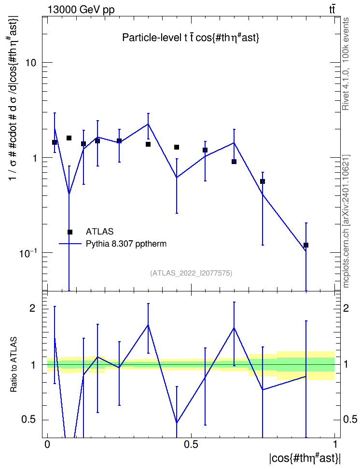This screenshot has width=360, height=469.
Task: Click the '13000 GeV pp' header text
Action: click(81, 10)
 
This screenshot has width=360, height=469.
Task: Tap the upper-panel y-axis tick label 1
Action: click(34, 158)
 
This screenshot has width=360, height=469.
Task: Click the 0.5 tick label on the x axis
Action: click(191, 444)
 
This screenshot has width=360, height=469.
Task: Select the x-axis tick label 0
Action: click(47, 444)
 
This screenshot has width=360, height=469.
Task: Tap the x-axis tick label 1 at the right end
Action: click(335, 444)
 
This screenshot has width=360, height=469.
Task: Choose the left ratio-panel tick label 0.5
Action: click(29, 419)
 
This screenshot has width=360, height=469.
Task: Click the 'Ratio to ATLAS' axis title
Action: click(14, 364)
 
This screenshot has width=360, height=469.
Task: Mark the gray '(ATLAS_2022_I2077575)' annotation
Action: click(191, 273)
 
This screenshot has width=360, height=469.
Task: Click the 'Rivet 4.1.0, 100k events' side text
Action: click(346, 64)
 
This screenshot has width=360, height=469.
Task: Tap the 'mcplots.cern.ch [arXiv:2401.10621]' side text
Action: click(346, 221)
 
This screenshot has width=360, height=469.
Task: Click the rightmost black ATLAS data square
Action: click(306, 245)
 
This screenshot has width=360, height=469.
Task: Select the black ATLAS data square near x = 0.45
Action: click(177, 147)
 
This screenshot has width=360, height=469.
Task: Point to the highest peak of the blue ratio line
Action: click(148, 325)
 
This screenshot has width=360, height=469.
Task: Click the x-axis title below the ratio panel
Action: click(305, 458)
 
